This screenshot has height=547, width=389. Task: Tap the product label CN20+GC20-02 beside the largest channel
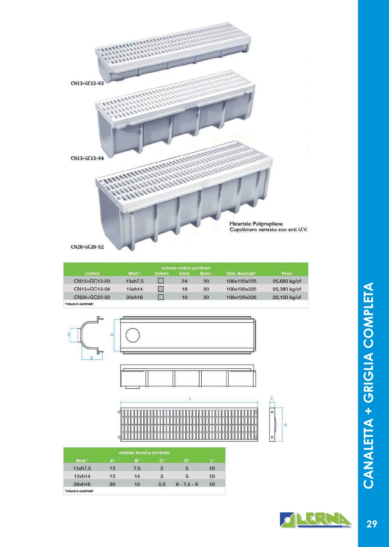87,247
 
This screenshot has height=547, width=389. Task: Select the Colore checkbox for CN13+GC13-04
161,289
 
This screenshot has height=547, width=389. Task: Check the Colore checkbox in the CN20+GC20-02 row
161,297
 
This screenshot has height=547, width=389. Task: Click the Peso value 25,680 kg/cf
287,281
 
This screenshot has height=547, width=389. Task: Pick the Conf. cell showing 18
184,289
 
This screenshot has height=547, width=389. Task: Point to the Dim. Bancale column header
241,273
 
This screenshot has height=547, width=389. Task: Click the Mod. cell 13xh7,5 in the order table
134,281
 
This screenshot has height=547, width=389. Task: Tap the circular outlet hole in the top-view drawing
133,335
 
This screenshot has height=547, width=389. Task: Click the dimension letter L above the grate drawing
190,399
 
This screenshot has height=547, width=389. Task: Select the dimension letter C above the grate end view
272,399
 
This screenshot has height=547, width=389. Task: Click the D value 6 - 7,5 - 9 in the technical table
187,484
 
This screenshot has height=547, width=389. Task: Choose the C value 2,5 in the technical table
162,484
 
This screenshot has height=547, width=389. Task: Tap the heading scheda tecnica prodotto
144,453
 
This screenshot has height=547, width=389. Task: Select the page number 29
372,524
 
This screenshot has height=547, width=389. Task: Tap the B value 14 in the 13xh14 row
137,476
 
